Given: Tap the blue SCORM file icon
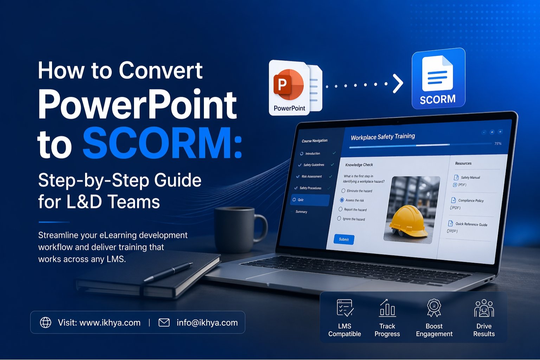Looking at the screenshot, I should (x=438, y=78).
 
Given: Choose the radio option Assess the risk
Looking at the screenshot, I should (x=342, y=200).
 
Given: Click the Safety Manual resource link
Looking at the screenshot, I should (x=470, y=178).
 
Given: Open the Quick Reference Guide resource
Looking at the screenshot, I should (x=471, y=224).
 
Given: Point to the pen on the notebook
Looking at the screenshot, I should (x=169, y=272).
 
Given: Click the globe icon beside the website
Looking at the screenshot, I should (x=46, y=322).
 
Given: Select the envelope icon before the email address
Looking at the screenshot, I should (x=164, y=322).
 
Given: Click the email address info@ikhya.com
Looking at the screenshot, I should (x=207, y=323).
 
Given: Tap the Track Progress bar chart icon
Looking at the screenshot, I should (x=387, y=308).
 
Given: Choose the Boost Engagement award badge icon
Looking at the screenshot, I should (x=434, y=308).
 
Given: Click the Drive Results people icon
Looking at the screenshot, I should (x=484, y=308).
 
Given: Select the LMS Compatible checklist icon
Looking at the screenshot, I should (x=345, y=308).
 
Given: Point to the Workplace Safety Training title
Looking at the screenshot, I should (x=383, y=136).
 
